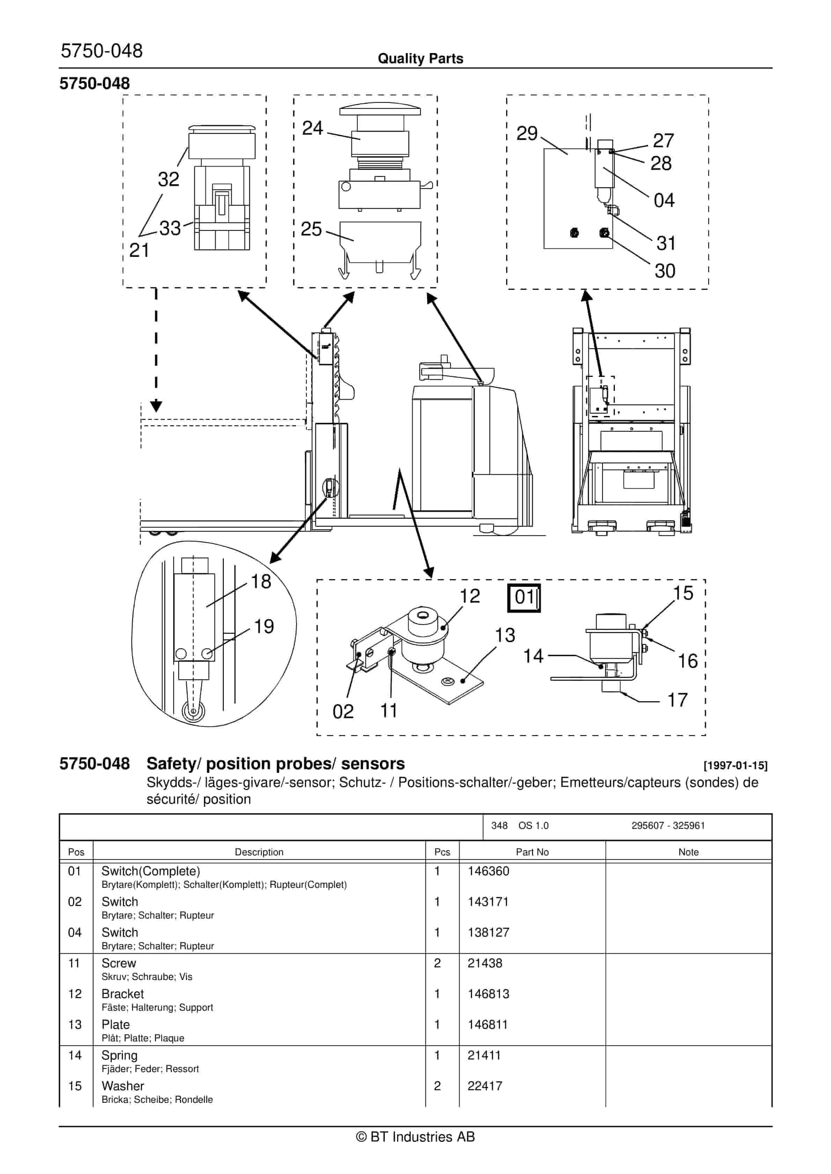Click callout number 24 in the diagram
point(312,128)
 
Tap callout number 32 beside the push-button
point(168,179)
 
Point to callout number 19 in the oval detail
point(264,626)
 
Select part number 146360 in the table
point(488,871)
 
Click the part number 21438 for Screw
point(485,963)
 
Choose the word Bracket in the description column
point(122,994)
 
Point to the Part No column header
point(532,852)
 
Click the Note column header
point(688,852)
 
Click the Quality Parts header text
point(420,58)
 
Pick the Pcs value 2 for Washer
point(437,1086)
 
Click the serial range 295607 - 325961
point(668,825)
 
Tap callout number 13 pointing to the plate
point(505,635)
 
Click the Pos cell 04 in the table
point(75,932)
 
